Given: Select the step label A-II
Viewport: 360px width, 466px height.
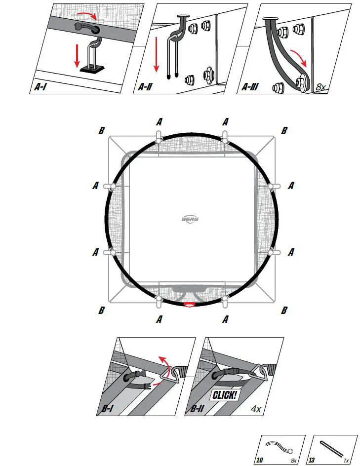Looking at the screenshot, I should tap(145, 87).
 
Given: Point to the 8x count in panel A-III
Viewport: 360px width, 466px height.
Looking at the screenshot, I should tap(320, 87).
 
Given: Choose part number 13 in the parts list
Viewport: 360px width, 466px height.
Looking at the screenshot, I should tap(312, 460).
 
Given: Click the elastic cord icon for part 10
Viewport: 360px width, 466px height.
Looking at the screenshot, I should tap(280, 447).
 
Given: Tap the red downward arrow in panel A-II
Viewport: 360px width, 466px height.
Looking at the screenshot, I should tap(156, 55).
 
